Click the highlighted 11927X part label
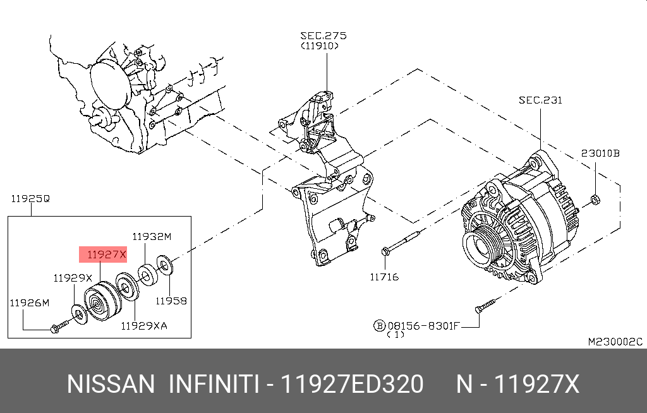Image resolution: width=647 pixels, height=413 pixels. [102, 254]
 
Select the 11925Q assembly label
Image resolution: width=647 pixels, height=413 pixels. [30, 199]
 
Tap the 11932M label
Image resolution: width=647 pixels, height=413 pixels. [152, 236]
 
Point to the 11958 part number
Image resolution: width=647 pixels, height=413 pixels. [171, 301]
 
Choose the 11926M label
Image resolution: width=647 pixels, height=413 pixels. [29, 302]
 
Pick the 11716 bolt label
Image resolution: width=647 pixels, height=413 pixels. [385, 277]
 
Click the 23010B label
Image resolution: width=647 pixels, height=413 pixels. [600, 153]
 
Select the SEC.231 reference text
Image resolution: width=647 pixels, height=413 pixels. [540, 100]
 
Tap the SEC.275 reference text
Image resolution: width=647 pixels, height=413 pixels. [323, 35]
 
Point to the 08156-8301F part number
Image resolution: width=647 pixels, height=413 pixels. [423, 325]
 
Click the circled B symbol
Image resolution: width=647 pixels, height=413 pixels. [379, 325]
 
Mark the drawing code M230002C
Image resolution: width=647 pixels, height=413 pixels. [615, 342]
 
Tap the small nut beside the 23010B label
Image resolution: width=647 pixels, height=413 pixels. [594, 201]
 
